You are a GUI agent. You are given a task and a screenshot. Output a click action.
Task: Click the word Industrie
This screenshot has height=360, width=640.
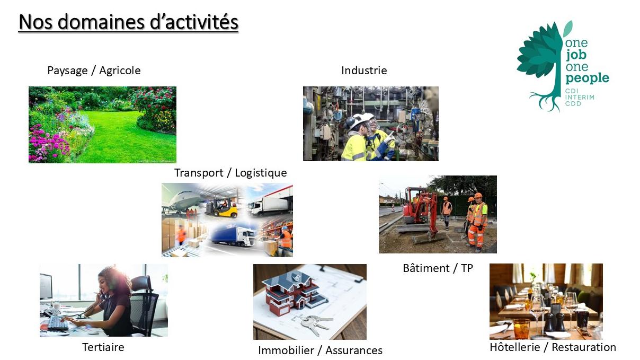point(364,71)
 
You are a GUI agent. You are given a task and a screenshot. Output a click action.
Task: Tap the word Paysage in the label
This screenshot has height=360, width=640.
point(67,71)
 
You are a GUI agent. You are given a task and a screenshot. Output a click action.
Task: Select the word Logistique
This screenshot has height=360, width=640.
point(261,173)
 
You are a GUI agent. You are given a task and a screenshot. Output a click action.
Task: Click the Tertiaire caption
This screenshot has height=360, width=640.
point(103,347)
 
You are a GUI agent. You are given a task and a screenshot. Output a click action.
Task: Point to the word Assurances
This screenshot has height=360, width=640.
point(354,350)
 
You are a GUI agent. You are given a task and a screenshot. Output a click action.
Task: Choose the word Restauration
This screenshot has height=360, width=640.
point(584,347)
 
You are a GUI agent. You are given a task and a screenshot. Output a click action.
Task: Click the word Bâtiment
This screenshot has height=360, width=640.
point(426,268)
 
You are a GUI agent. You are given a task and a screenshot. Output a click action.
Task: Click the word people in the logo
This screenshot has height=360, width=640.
point(587,78)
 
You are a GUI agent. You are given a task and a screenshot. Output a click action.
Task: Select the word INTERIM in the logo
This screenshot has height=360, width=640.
point(580,97)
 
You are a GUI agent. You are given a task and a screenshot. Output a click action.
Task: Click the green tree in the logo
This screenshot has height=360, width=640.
point(539,66)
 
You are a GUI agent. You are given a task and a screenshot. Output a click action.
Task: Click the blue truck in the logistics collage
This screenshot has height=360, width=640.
point(234,235)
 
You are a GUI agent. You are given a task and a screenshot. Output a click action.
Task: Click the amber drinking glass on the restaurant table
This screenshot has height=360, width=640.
point(521,329)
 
